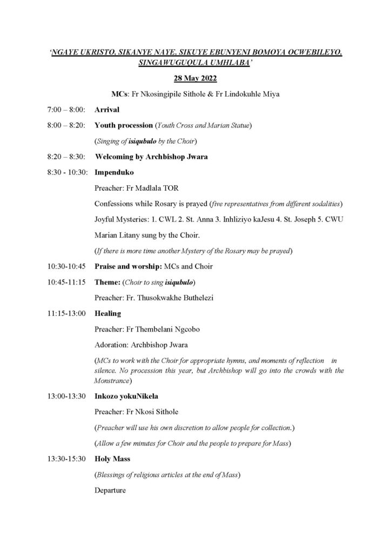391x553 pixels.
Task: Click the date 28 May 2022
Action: pyautogui.click(x=195, y=79)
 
